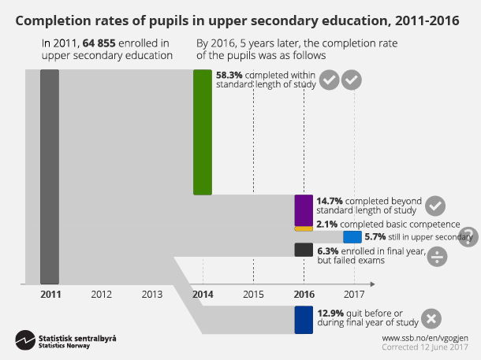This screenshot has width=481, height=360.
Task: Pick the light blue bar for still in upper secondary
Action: pyautogui.click(x=352, y=236)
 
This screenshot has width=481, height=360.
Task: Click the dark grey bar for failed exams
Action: pyautogui.click(x=304, y=250)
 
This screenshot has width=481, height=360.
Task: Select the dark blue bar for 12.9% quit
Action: pyautogui.click(x=304, y=320)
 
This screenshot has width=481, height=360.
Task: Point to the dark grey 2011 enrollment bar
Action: pyautogui.click(x=50, y=176)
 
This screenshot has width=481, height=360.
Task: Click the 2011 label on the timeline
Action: pyautogui.click(x=50, y=294)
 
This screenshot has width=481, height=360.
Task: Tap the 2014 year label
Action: pyautogui.click(x=203, y=294)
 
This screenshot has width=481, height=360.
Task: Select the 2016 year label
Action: pyautogui.click(x=304, y=294)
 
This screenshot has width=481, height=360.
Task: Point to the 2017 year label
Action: pyautogui.click(x=355, y=294)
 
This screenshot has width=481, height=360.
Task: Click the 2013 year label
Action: pyautogui.click(x=151, y=294)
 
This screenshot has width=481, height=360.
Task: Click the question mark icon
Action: pyautogui.click(x=468, y=236)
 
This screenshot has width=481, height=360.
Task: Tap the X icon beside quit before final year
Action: pyautogui.click(x=431, y=319)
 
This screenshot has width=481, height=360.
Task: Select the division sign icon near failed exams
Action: pyautogui.click(x=439, y=255)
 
